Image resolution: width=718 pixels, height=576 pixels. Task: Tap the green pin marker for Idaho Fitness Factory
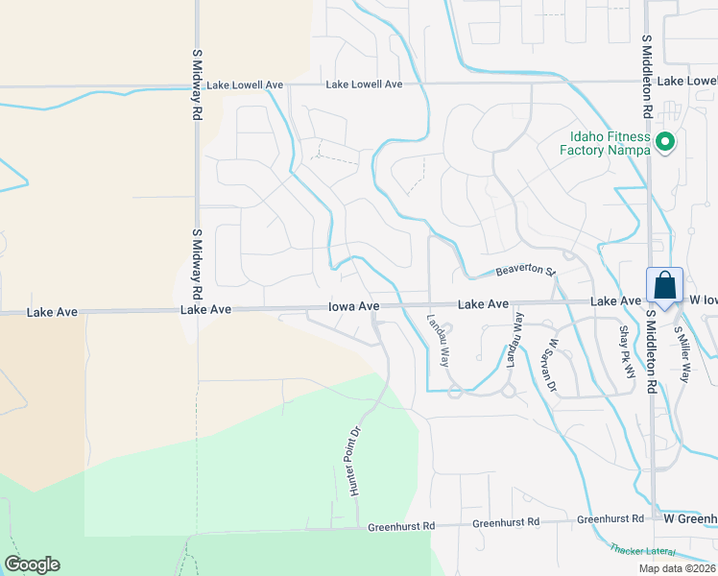(x=665, y=143)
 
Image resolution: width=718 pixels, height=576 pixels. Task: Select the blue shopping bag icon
(x=664, y=285)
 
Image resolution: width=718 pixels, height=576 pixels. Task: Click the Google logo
(x=32, y=564)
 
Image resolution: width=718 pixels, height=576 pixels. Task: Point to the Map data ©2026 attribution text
(x=676, y=568)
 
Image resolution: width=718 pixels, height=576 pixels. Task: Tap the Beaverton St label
(x=526, y=272)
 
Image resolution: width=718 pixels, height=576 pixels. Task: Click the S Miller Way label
(x=682, y=352)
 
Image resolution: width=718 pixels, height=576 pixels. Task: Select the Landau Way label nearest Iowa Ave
(x=438, y=342)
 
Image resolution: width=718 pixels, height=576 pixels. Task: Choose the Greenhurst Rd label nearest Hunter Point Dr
(x=401, y=526)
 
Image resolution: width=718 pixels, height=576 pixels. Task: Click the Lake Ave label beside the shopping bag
(x=615, y=301)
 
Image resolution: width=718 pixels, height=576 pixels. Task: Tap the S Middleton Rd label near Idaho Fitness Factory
(x=648, y=76)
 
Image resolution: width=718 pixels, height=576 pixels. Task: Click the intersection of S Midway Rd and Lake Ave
(x=197, y=311)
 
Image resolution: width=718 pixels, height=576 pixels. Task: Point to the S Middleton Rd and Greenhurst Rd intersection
(x=654, y=518)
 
